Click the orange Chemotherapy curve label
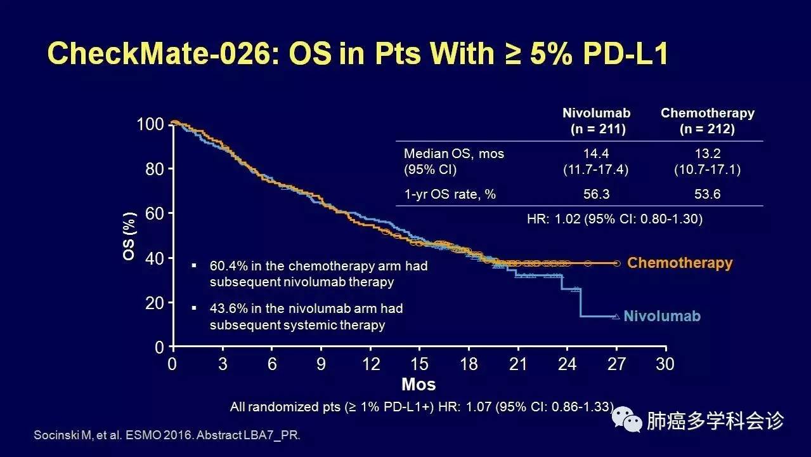pyautogui.click(x=679, y=263)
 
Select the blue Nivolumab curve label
pyautogui.click(x=662, y=315)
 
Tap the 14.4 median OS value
pyautogui.click(x=596, y=154)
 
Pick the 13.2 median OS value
pyautogui.click(x=707, y=154)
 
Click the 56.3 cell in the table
pyautogui.click(x=596, y=194)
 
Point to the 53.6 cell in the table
pyautogui.click(x=707, y=194)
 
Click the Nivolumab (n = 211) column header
pyautogui.click(x=596, y=121)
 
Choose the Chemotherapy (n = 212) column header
pyautogui.click(x=707, y=121)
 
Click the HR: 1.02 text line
pyautogui.click(x=614, y=219)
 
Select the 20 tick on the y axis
pyautogui.click(x=155, y=303)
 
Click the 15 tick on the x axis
pyautogui.click(x=419, y=364)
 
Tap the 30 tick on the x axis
pyautogui.click(x=665, y=364)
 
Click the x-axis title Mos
pyautogui.click(x=418, y=385)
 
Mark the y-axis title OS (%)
pyautogui.click(x=129, y=236)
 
